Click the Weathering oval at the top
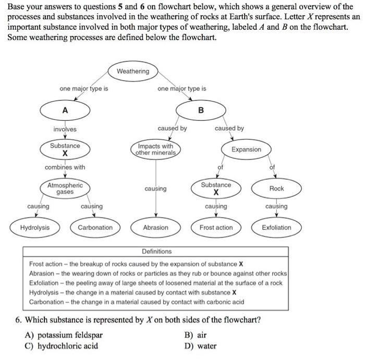(133, 71)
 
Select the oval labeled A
(65, 110)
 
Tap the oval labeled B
(201, 110)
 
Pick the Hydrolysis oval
(35, 228)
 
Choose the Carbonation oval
(95, 228)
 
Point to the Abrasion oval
(155, 228)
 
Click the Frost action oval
(216, 228)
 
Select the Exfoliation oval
(276, 228)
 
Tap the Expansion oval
(246, 150)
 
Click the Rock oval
(276, 188)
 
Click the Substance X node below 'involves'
(65, 150)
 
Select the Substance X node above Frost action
(216, 188)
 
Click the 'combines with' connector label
(65, 167)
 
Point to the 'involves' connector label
(65, 129)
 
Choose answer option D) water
(201, 346)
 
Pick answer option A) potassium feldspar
(64, 335)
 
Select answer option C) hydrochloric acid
(61, 346)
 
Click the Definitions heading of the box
(156, 251)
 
